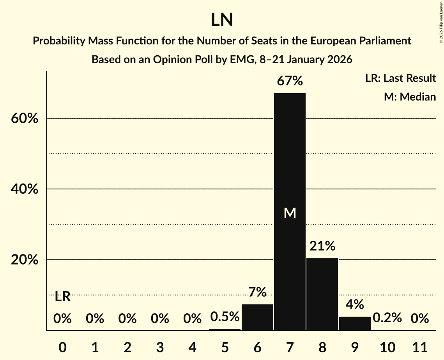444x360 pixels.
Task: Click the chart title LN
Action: tap(222, 20)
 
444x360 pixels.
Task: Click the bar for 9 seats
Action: tap(355, 323)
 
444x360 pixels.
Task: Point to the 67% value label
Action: tap(290, 81)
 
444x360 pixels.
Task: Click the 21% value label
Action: tap(322, 246)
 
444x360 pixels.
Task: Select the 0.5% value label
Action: tap(225, 317)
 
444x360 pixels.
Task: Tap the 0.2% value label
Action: tap(387, 318)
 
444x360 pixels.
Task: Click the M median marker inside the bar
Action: tap(290, 213)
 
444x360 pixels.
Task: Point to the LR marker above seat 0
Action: tap(62, 297)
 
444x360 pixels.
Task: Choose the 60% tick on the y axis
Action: tap(25, 118)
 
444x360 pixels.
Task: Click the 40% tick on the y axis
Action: tap(25, 189)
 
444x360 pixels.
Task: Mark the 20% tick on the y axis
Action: tap(25, 260)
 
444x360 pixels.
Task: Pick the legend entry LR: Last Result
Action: tap(400, 78)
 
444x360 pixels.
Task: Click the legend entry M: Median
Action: tap(410, 97)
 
